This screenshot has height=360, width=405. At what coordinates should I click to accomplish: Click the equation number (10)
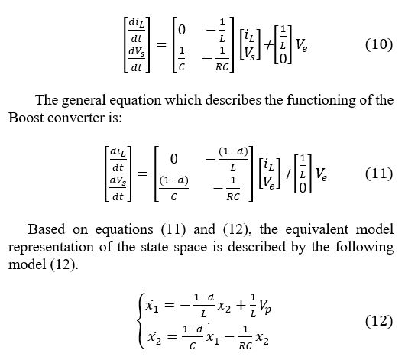click(379, 44)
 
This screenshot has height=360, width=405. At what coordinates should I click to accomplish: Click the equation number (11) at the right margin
click(379, 174)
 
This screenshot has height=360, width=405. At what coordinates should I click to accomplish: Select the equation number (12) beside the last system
click(379, 322)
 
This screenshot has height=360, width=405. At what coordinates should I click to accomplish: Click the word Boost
click(26, 118)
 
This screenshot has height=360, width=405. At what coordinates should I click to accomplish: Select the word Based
click(47, 229)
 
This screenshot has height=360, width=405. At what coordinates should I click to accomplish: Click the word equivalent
click(316, 230)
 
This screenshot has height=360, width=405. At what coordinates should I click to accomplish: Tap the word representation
click(51, 248)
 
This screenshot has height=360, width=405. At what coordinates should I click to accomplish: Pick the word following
click(364, 247)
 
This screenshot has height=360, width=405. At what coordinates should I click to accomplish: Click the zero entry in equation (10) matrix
click(182, 30)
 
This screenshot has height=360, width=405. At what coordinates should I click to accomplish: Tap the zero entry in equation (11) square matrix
click(174, 159)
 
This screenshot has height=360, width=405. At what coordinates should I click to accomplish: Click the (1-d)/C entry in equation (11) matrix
click(173, 188)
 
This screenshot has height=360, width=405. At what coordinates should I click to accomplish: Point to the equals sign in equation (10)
click(162, 45)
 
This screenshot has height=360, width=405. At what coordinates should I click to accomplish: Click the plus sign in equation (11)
click(289, 174)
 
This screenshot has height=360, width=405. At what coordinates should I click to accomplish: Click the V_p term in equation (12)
click(265, 307)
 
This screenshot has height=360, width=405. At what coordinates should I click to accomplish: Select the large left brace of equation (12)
click(141, 321)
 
